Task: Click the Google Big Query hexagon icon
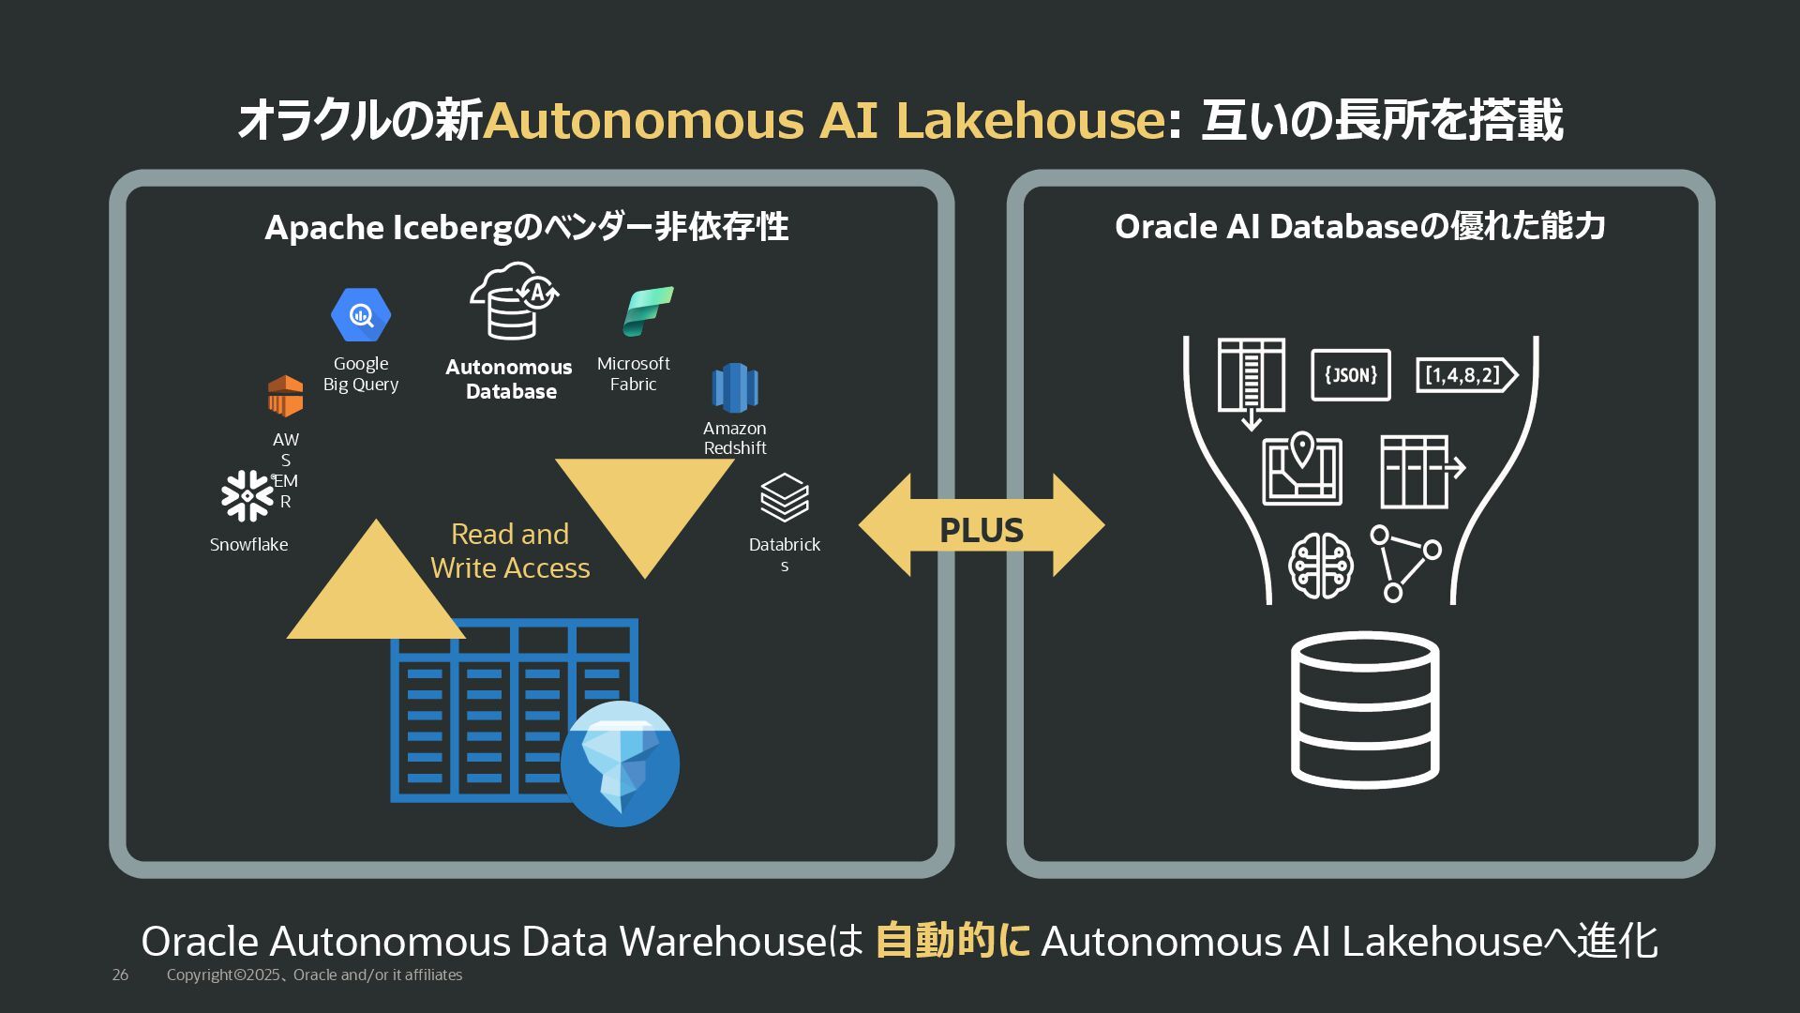point(361,315)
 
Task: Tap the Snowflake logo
point(247,495)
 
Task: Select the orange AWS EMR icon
point(285,396)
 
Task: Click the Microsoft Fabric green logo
point(648,311)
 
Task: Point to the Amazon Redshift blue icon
point(734,387)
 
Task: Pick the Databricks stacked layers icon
point(784,497)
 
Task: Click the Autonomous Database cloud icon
point(513,301)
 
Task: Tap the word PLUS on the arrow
point(982,530)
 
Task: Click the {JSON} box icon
point(1350,375)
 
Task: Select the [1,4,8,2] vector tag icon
point(1465,375)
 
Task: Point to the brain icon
point(1321,566)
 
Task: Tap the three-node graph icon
point(1404,563)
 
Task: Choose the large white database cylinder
point(1365,709)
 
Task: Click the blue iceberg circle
point(620,764)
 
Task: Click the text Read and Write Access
point(510,551)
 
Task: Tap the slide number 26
point(120,975)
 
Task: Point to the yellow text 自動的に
point(952,941)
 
